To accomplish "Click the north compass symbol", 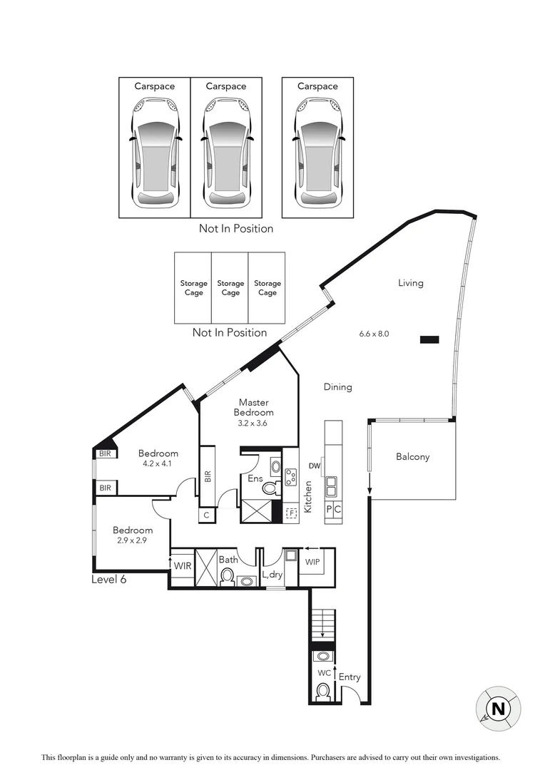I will click(498, 709).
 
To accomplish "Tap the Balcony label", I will click(413, 457).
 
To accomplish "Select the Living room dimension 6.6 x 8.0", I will click(375, 333).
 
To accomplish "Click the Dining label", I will click(337, 387).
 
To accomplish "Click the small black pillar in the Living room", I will click(429, 340).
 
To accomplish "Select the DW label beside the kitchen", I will click(314, 466).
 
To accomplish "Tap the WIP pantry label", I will click(312, 562).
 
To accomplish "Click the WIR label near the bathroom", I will click(183, 565).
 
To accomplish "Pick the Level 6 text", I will click(108, 580).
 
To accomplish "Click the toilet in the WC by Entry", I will click(323, 690).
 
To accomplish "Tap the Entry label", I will click(350, 677).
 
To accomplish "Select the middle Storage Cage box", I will click(230, 287).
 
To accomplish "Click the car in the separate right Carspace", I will click(317, 154).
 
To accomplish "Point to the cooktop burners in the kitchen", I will click(291, 476).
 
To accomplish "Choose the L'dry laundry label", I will click(272, 574).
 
